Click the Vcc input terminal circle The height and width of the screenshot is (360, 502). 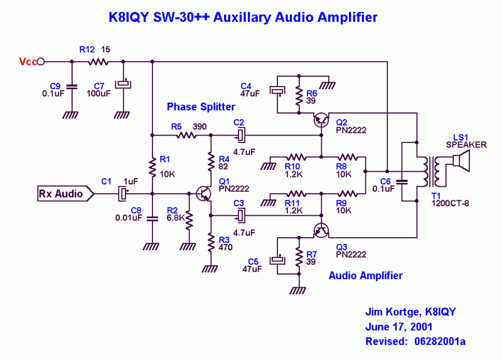pyautogui.click(x=41, y=61)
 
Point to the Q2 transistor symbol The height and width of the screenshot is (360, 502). pyautogui.click(x=321, y=120)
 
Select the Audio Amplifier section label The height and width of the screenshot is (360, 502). pyautogui.click(x=366, y=275)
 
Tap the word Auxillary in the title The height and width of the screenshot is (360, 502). pyautogui.click(x=241, y=18)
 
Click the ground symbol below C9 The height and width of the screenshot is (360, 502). pyautogui.click(x=71, y=114)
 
